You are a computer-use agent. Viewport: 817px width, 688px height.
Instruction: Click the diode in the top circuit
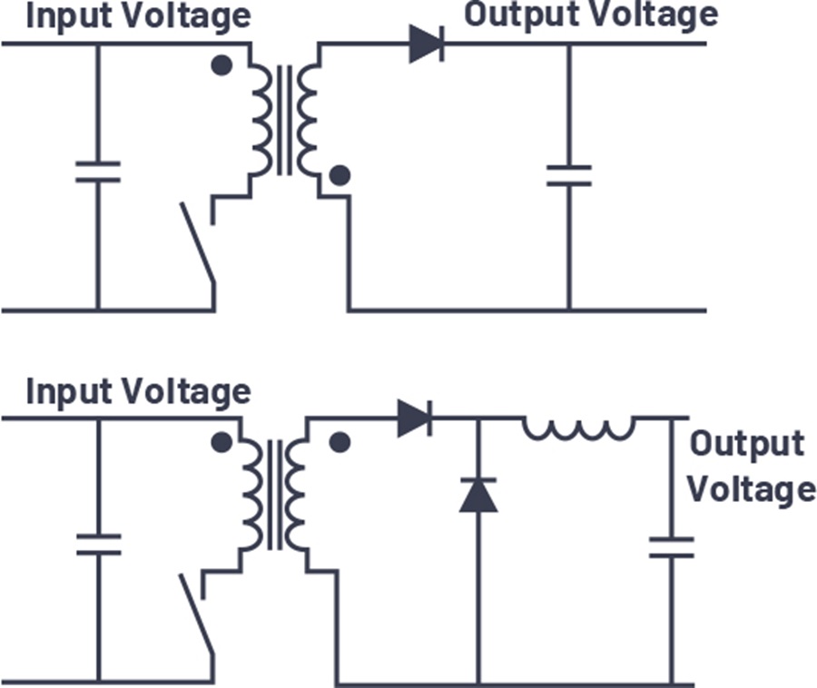(427, 44)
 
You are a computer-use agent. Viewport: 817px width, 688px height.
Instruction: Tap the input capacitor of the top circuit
(98, 172)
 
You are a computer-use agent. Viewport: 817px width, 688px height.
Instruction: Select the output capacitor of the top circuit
(569, 175)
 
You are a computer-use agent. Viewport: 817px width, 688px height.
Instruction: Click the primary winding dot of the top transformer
(222, 65)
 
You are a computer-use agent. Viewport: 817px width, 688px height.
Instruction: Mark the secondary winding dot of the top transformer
(340, 175)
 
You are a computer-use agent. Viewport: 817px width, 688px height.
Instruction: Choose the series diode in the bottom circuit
(415, 418)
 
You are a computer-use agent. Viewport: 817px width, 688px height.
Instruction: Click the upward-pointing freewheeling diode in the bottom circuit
(478, 495)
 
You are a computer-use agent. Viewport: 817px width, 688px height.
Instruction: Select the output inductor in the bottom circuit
(579, 428)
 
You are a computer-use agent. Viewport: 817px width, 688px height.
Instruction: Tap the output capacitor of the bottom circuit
(671, 547)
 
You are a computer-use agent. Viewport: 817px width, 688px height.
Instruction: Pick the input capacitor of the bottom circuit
(98, 545)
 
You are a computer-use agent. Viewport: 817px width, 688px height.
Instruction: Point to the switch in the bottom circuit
(197, 614)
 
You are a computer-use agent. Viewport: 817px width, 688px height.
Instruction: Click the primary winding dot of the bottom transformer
(222, 443)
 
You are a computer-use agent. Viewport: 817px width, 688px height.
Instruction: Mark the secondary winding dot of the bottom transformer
(340, 442)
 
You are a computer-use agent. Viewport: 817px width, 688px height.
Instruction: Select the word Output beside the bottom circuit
(747, 444)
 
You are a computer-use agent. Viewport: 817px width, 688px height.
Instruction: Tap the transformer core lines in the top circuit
(284, 121)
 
